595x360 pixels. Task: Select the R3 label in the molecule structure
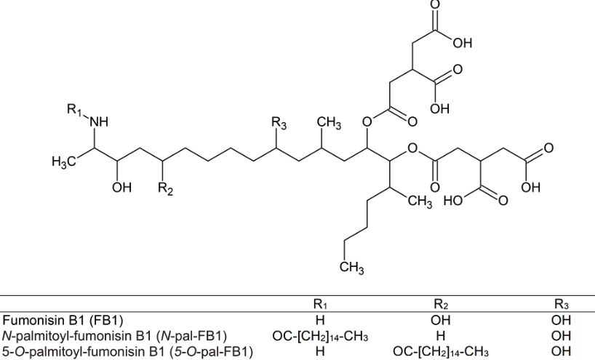pos(279,124)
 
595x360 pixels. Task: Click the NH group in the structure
pos(97,123)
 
